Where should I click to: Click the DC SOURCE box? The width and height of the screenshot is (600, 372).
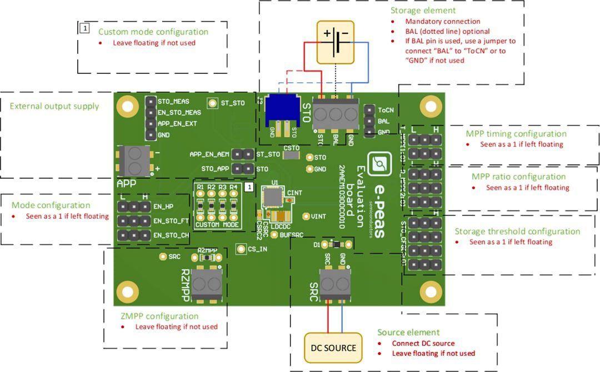(x=333, y=348)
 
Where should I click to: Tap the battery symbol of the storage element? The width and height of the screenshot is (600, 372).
(x=336, y=42)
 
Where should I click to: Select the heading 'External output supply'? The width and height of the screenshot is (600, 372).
(x=54, y=106)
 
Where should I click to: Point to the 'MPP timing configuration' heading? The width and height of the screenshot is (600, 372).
(x=516, y=134)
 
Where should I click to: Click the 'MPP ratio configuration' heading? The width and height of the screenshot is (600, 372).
(x=519, y=177)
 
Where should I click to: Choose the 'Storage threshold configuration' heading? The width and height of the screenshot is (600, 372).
(x=517, y=232)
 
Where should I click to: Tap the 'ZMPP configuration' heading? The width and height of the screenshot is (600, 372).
(x=159, y=316)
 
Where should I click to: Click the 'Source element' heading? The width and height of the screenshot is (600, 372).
(x=408, y=332)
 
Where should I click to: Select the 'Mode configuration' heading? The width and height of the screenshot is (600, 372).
(x=51, y=205)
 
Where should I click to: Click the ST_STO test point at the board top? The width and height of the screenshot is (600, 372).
(x=212, y=103)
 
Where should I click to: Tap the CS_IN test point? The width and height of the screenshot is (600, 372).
(x=241, y=249)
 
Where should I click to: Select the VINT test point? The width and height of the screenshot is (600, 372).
(x=305, y=217)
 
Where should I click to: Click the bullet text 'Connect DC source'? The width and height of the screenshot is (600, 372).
(x=423, y=343)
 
